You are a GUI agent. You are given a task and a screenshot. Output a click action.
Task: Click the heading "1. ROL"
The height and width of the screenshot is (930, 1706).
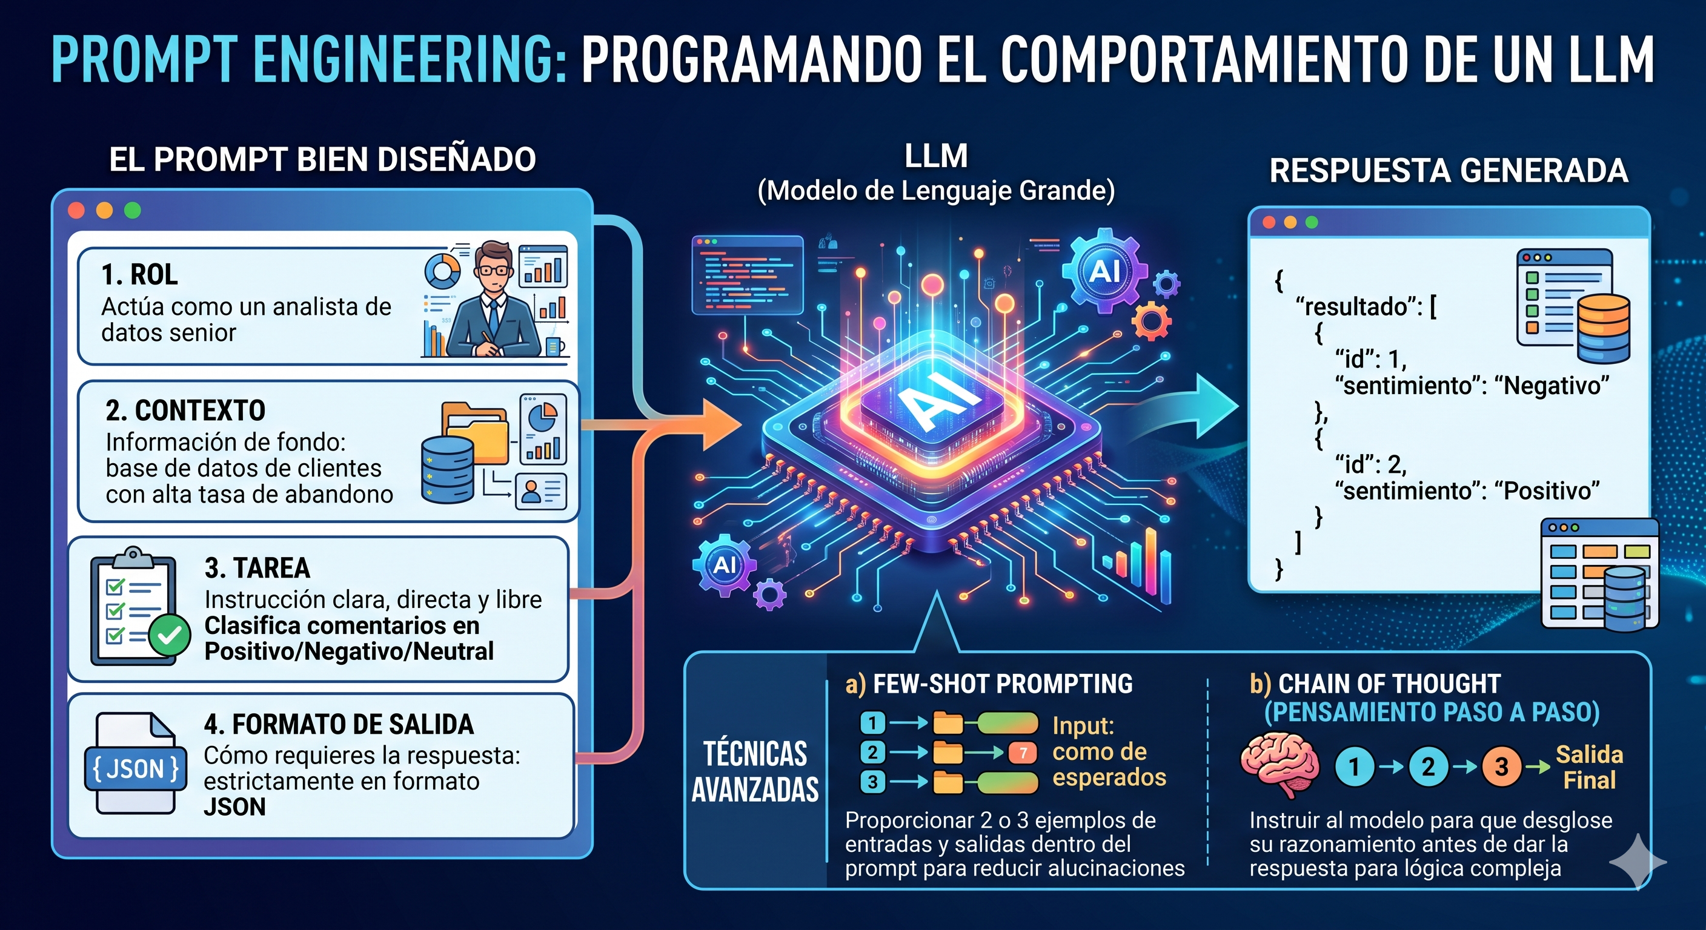[140, 274]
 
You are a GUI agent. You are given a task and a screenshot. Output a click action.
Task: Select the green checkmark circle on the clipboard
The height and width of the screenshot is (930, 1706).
[170, 635]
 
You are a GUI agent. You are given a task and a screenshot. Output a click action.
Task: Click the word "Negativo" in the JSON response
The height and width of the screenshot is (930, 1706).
[1556, 385]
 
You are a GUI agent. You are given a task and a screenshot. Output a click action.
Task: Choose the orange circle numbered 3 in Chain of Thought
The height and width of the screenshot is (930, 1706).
[1501, 767]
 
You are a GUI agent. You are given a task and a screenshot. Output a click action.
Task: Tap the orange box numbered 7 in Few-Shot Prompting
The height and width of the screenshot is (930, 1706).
[1023, 753]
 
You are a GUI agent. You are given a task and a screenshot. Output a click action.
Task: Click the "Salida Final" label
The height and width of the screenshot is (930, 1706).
[1589, 767]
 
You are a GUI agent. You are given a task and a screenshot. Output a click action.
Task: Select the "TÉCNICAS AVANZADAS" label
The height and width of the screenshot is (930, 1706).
[755, 772]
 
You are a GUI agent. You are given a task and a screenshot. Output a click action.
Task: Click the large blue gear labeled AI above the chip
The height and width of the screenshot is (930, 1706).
[1104, 271]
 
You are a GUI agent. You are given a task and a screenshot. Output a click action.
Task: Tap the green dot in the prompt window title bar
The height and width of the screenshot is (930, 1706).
[133, 211]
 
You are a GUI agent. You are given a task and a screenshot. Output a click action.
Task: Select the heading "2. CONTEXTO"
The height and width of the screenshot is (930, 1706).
[185, 411]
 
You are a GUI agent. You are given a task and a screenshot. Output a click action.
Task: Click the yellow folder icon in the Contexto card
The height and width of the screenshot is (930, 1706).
[474, 431]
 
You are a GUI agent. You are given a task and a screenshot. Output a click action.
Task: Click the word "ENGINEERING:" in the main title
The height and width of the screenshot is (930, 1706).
[410, 59]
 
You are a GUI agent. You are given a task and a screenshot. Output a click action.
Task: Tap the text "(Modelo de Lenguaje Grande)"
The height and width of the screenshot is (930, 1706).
[936, 191]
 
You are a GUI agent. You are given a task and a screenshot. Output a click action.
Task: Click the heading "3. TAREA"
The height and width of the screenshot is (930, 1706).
[257, 568]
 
